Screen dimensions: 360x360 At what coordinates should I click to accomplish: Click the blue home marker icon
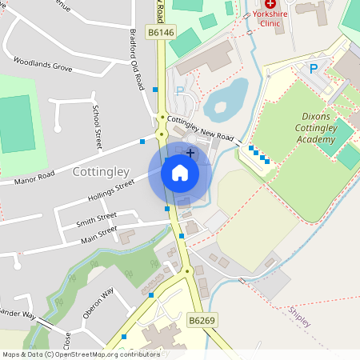179,172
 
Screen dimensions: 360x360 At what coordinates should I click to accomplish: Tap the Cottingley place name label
101,171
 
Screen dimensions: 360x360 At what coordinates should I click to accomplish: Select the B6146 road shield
161,32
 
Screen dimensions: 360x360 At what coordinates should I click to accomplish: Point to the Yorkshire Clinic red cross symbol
270,4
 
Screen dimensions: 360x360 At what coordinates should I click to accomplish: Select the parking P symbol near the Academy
314,70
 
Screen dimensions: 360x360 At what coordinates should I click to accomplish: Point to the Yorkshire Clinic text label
270,18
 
